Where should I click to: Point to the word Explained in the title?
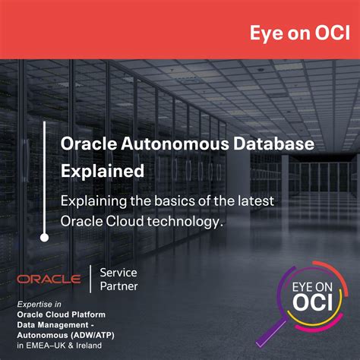pos(103,171)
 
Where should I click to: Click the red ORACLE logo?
pos(49,279)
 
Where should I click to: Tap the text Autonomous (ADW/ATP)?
pos(62,333)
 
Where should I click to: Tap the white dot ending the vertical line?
pos(45,237)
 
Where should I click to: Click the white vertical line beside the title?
pos(45,175)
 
